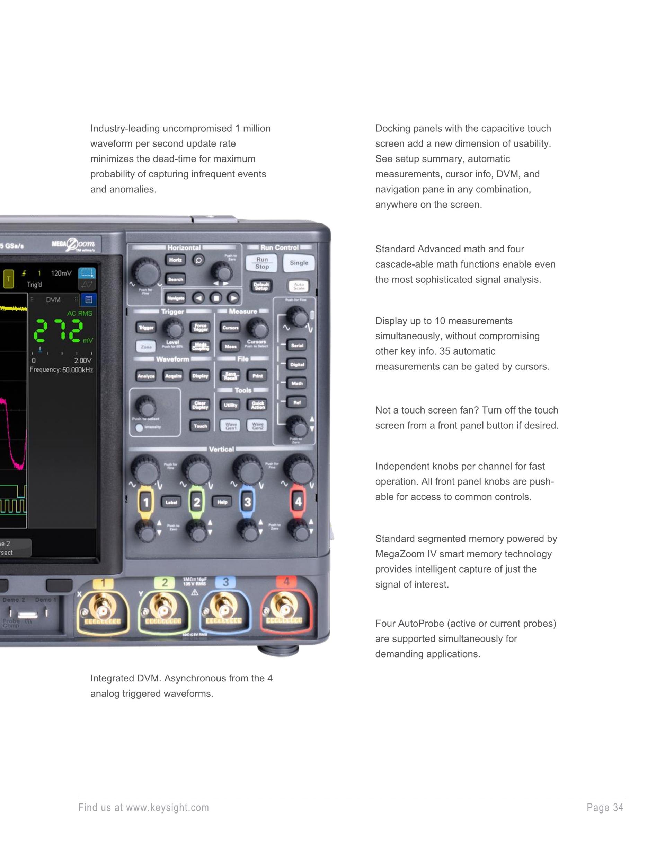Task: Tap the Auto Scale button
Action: pyautogui.click(x=299, y=286)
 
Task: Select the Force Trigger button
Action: pyautogui.click(x=201, y=327)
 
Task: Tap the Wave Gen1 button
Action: pyautogui.click(x=231, y=426)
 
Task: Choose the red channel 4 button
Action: pyautogui.click(x=298, y=502)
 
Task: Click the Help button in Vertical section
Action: pyautogui.click(x=222, y=502)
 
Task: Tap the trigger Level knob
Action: pyautogui.click(x=173, y=328)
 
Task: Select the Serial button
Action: pyautogui.click(x=297, y=345)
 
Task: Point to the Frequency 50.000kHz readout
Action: pyautogui.click(x=61, y=370)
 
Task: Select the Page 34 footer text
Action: pyautogui.click(x=605, y=808)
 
